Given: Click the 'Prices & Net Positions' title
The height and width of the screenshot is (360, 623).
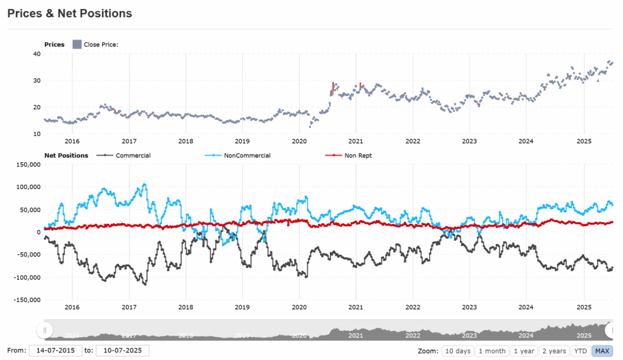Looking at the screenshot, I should click(x=70, y=13).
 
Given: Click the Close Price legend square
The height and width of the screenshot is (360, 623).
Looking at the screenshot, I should click(x=77, y=44).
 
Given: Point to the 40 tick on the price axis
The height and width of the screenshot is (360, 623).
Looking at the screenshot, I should click(x=37, y=54).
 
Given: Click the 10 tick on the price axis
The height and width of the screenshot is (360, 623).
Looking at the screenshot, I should click(x=37, y=134).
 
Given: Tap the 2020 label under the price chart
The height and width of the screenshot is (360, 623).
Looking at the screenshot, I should click(x=299, y=142).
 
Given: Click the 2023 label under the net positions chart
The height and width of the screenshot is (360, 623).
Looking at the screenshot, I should click(x=470, y=307).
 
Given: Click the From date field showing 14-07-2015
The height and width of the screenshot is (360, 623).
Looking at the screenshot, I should click(x=55, y=351).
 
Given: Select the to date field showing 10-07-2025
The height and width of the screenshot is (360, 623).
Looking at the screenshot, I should click(x=122, y=351).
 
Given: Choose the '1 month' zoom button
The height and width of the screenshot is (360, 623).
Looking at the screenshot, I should click(x=492, y=351).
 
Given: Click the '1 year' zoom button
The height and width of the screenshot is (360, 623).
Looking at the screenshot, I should click(x=524, y=351).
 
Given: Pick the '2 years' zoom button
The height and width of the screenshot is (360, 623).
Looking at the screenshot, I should click(x=554, y=351).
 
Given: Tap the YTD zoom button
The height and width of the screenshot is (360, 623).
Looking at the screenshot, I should click(x=581, y=351).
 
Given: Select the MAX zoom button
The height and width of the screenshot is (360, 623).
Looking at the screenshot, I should click(x=602, y=351).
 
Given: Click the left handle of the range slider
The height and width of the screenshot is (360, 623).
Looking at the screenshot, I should click(x=44, y=330).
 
